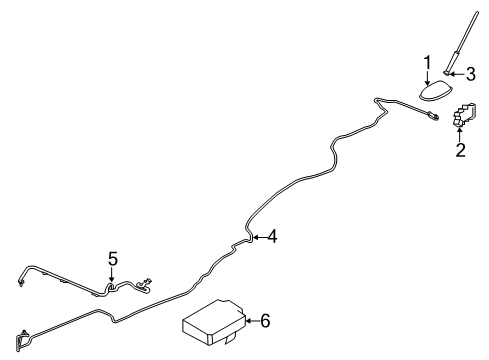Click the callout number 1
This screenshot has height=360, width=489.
coord(427,64)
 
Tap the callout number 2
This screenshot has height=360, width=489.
coord(461,151)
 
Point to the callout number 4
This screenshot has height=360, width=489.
coord(270,237)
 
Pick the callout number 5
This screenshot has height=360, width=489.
coord(112,260)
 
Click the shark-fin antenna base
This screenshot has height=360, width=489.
coord(431,93)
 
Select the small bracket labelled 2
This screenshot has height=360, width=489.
coord(464,119)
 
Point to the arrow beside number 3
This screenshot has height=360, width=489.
coord(459,73)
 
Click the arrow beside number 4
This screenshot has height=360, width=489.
coord(257,237)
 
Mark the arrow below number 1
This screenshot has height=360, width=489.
coord(427,78)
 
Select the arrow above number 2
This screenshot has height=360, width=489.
coord(461,136)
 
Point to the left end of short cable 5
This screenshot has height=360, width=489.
coord(19,283)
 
